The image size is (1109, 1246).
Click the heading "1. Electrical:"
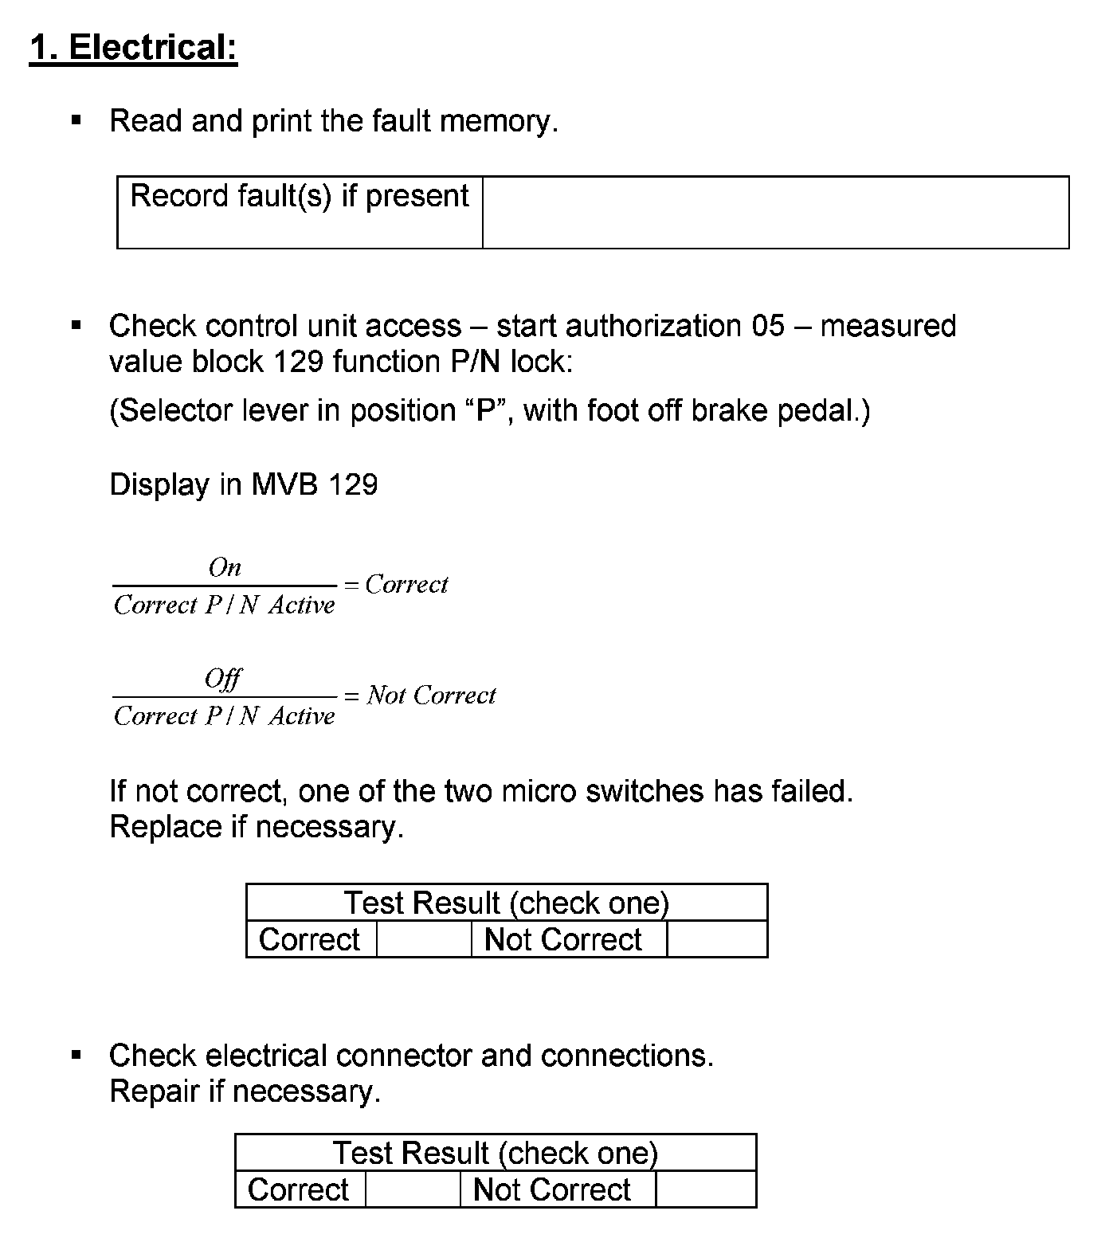pos(133,47)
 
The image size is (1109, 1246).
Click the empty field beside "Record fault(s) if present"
pos(775,212)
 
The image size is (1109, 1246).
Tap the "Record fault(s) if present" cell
pos(300,212)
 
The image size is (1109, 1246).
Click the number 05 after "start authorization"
pos(767,326)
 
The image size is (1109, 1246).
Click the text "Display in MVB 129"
pos(243,484)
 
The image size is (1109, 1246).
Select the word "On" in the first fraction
pos(225,567)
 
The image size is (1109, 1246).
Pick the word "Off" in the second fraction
pos(223,679)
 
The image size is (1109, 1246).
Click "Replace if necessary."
pos(257,827)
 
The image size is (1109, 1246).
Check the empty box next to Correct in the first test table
pos(424,939)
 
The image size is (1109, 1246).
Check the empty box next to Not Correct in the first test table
pos(716,939)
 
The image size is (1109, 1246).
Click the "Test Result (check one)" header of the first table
pos(507,903)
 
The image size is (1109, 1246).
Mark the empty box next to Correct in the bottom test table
pos(413,1189)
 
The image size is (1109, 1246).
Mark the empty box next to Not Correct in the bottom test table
pos(705,1189)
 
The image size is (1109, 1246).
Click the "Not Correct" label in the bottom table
pos(551,1189)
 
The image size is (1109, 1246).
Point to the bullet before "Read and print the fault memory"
pos(76,121)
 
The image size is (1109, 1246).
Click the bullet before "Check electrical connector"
pos(76,1056)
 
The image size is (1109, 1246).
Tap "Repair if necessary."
pos(245,1091)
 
